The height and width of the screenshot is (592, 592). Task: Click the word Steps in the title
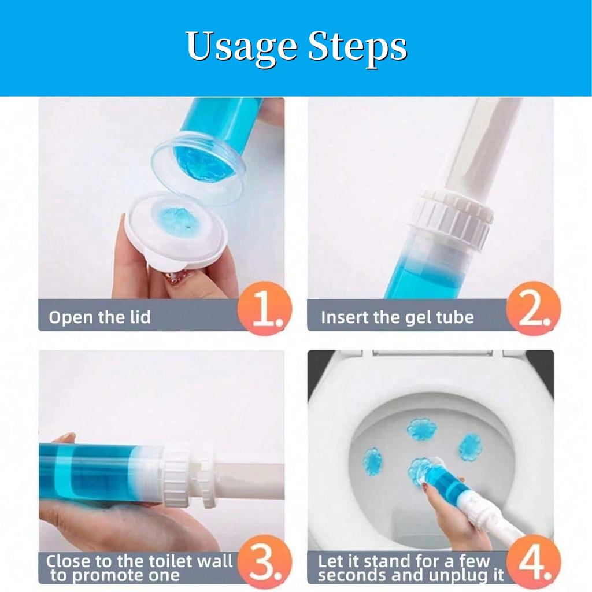[357, 47]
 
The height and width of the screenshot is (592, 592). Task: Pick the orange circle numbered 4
[533, 563]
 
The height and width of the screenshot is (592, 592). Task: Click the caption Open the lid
[99, 317]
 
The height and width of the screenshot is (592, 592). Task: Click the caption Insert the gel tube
[397, 317]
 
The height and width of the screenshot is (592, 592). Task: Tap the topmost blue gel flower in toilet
[421, 429]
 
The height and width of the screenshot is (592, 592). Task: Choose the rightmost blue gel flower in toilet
[470, 446]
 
